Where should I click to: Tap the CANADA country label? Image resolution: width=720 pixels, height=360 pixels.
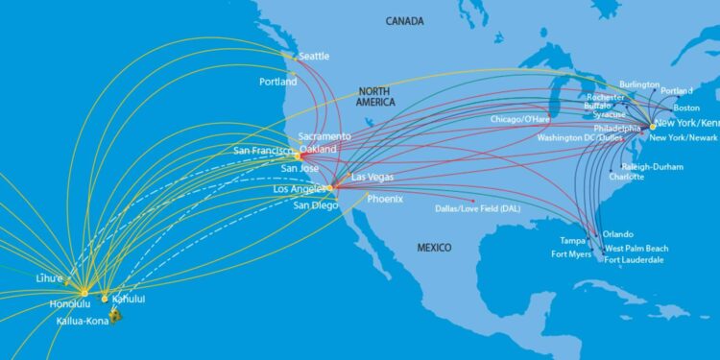click(406, 20)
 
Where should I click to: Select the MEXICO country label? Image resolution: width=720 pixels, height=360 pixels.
click(434, 248)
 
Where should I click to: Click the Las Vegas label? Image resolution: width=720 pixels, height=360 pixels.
click(372, 178)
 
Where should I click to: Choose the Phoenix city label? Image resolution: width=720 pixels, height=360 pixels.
click(384, 199)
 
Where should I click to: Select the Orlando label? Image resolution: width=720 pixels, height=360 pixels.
click(618, 234)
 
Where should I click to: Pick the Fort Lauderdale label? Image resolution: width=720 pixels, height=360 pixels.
click(634, 260)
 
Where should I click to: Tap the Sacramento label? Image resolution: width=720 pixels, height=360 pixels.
click(324, 136)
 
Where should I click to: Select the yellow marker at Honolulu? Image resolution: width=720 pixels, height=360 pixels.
click(84, 292)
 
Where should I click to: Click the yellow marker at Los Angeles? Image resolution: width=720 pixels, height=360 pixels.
click(328, 188)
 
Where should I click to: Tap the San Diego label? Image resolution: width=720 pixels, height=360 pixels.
click(316, 204)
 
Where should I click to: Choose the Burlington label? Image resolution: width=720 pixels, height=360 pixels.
click(639, 84)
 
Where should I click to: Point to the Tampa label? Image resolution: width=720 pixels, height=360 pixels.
click(573, 240)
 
